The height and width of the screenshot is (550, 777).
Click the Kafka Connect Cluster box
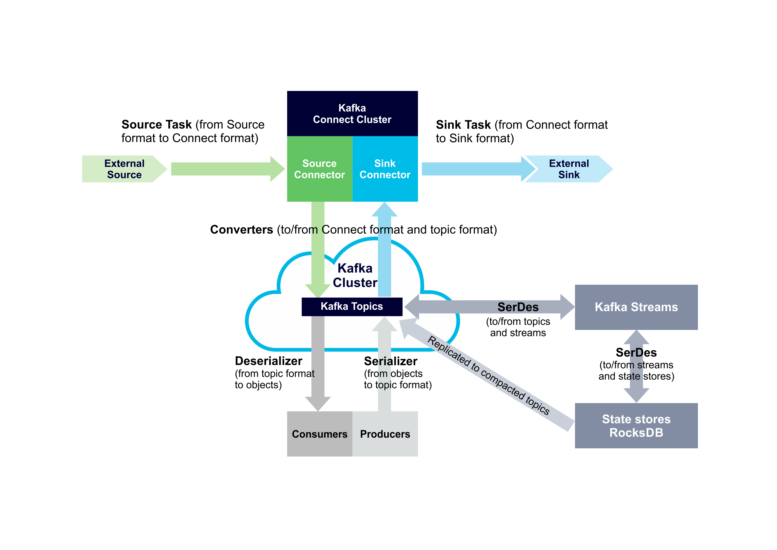point(352,113)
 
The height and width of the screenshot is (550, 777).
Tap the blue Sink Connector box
point(385,169)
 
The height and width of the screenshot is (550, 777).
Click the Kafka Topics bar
point(352,306)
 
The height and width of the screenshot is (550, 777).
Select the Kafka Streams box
point(636,307)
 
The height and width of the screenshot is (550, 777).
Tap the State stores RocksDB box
point(636,426)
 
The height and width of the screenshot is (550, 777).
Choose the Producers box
point(385,434)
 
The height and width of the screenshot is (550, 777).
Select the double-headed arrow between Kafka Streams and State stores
point(636,367)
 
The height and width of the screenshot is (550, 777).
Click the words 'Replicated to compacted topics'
point(489,375)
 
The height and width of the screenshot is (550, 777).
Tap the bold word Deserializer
point(268,361)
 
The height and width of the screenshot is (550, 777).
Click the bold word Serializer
point(390,361)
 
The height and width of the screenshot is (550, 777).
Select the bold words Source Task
point(157,125)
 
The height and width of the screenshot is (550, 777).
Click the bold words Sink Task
point(463,125)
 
